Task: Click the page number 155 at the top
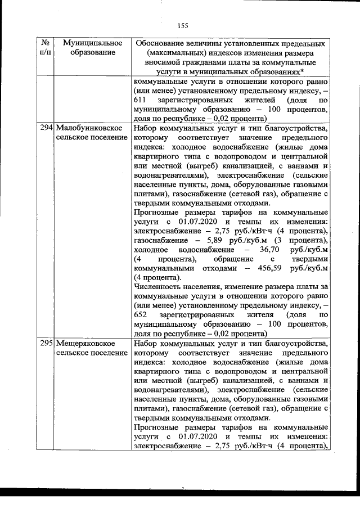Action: click(182, 24)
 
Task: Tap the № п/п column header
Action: click(47, 48)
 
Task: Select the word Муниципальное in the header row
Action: click(93, 43)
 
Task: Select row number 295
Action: click(47, 343)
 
